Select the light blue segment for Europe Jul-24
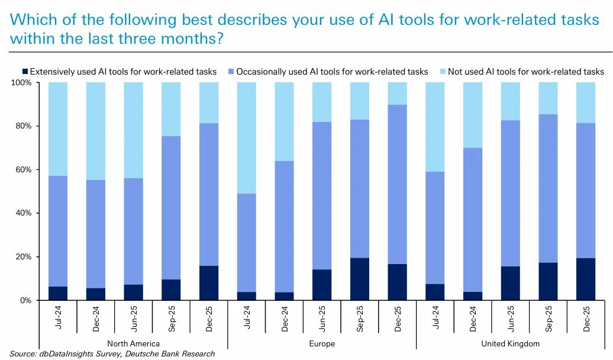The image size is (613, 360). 246,138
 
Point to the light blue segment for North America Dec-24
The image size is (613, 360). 95,131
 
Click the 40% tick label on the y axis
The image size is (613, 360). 23,213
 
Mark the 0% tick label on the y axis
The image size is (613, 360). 25,301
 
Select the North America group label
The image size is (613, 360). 133,343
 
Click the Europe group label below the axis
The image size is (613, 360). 322,343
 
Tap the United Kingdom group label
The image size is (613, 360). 511,343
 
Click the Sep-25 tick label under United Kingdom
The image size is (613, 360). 549,318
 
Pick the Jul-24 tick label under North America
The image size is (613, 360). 58,318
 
